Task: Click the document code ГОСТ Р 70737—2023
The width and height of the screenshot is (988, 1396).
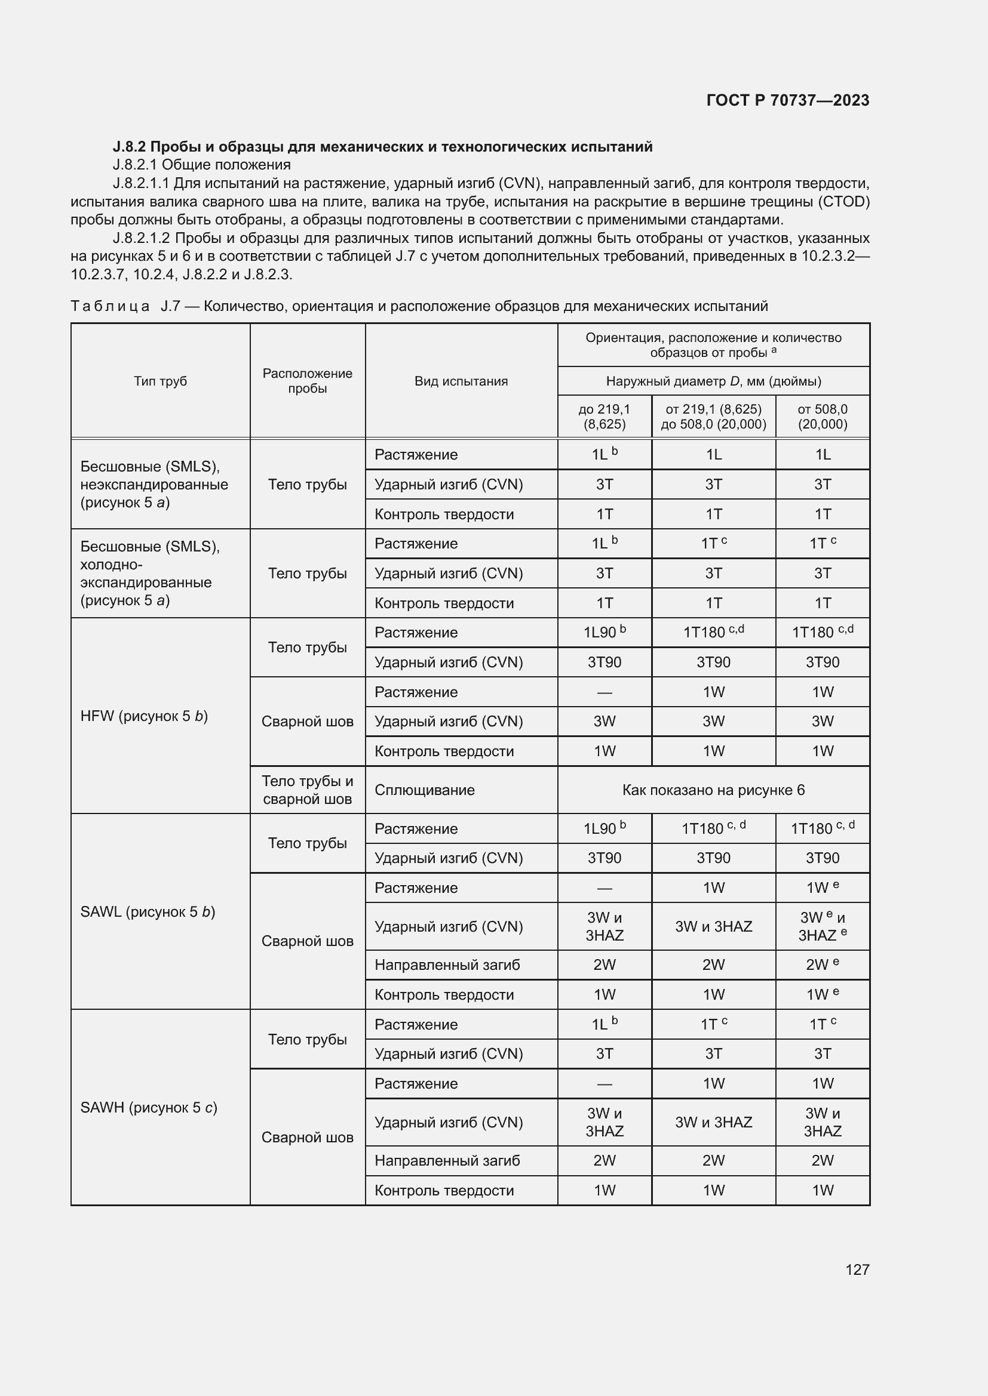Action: (x=787, y=100)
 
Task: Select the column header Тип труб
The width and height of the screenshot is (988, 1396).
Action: (x=160, y=381)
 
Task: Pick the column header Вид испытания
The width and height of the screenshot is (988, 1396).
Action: (x=461, y=381)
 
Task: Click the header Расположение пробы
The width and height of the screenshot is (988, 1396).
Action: (x=307, y=381)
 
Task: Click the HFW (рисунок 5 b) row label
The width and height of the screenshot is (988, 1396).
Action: (x=144, y=716)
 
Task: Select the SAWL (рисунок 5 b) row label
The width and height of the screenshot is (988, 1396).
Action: (x=148, y=911)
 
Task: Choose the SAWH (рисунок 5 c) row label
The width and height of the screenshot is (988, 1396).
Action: (x=149, y=1107)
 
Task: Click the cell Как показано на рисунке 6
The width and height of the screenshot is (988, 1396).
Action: (x=713, y=790)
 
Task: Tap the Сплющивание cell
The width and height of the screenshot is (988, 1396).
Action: (x=424, y=790)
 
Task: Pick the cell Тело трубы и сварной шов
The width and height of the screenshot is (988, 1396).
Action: (x=307, y=790)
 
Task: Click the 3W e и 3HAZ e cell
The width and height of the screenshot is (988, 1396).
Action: (x=822, y=927)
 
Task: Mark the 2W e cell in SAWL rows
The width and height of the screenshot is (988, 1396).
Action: (x=822, y=965)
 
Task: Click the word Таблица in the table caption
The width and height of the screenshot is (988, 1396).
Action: (x=110, y=306)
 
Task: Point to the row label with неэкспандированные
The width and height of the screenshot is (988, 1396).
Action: (x=155, y=485)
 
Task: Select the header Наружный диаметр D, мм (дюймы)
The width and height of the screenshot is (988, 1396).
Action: (x=713, y=381)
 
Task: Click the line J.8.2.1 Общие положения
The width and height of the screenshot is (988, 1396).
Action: (x=201, y=165)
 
